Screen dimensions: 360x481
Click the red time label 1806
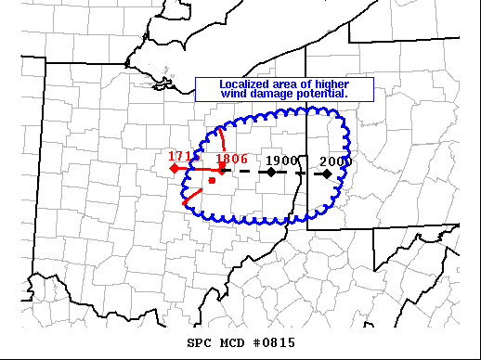[231, 159]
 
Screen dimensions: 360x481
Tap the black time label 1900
[281, 159]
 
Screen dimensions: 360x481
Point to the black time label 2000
[334, 161]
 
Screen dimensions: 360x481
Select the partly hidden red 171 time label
[179, 156]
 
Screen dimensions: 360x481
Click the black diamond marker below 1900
[270, 172]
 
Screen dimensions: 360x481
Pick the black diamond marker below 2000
[328, 173]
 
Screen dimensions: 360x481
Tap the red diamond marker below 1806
[222, 171]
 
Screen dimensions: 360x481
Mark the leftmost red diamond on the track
[174, 169]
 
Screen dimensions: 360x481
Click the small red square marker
[213, 181]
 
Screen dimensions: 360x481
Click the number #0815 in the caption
[273, 343]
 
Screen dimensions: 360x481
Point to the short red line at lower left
[192, 197]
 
